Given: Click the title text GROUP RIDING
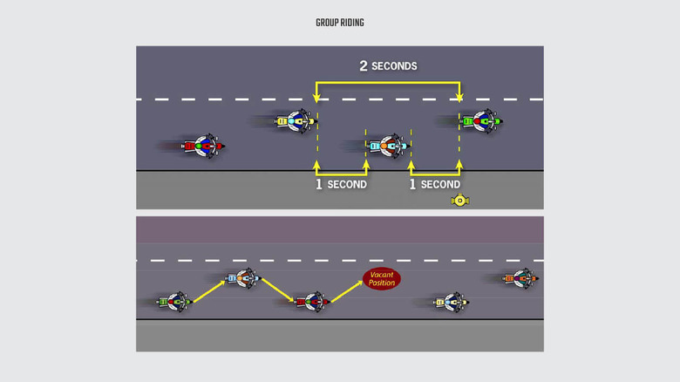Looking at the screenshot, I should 340,23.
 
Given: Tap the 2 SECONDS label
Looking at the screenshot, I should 388,66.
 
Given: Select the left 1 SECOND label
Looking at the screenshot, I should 341,185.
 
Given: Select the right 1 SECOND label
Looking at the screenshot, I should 435,185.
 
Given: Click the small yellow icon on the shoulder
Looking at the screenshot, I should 460,201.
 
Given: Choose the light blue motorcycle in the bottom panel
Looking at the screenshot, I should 243,279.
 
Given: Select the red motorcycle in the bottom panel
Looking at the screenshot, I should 311,302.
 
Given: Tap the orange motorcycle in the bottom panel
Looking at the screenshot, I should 520,278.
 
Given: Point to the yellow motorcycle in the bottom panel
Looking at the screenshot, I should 452,302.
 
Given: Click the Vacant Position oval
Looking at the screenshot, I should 381,279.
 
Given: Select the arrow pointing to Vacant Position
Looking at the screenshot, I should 346,291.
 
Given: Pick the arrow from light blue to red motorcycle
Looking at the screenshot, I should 278,290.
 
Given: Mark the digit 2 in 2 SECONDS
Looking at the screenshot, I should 364,66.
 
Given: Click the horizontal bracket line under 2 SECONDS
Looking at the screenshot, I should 388,83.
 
